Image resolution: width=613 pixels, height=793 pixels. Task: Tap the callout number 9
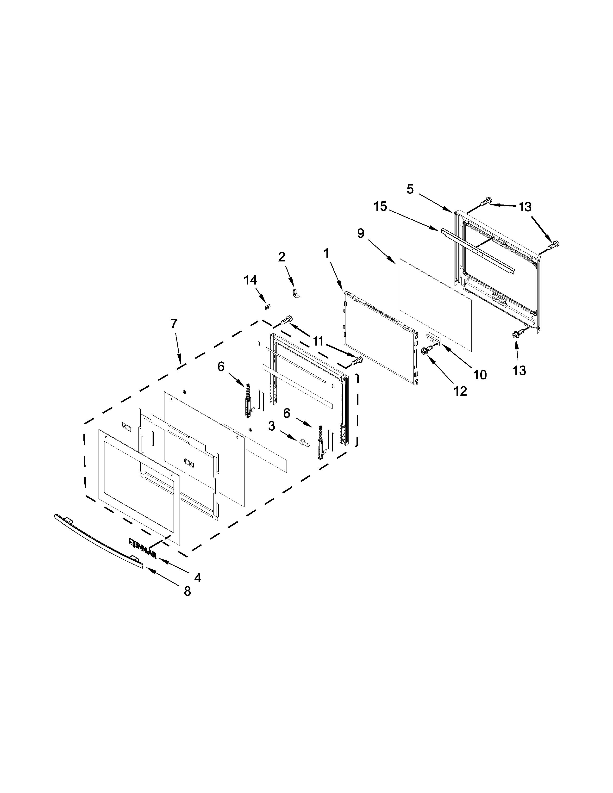[x=361, y=234]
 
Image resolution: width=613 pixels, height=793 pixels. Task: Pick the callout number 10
[x=480, y=374]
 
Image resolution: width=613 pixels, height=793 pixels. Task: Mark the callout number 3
[x=272, y=426]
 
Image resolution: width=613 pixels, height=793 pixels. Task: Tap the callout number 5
[x=410, y=189]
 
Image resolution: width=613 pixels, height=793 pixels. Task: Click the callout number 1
[x=326, y=253]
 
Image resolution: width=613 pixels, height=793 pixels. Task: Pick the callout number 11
[x=318, y=341]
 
